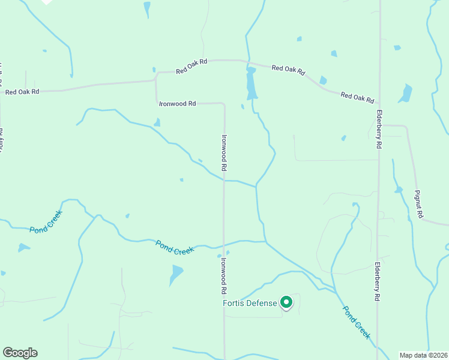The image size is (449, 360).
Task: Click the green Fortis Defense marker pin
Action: [287, 302]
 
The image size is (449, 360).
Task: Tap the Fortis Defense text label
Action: [250, 303]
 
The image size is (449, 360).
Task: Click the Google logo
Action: [20, 353]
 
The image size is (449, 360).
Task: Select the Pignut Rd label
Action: [419, 204]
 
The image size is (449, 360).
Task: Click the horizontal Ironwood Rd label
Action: [177, 103]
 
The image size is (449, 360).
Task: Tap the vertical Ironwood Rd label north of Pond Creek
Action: [224, 153]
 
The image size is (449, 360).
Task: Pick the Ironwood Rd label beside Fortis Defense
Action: [223, 275]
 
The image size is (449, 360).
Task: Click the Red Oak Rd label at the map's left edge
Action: [22, 92]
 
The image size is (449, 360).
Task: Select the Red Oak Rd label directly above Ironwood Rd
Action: [191, 66]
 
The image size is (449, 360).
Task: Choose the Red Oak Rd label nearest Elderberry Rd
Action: [357, 97]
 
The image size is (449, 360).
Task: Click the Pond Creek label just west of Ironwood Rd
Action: [175, 247]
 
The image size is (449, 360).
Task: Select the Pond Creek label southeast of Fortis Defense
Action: [357, 322]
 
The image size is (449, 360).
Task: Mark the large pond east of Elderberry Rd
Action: [406, 94]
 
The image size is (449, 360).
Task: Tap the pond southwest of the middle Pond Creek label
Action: [175, 275]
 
